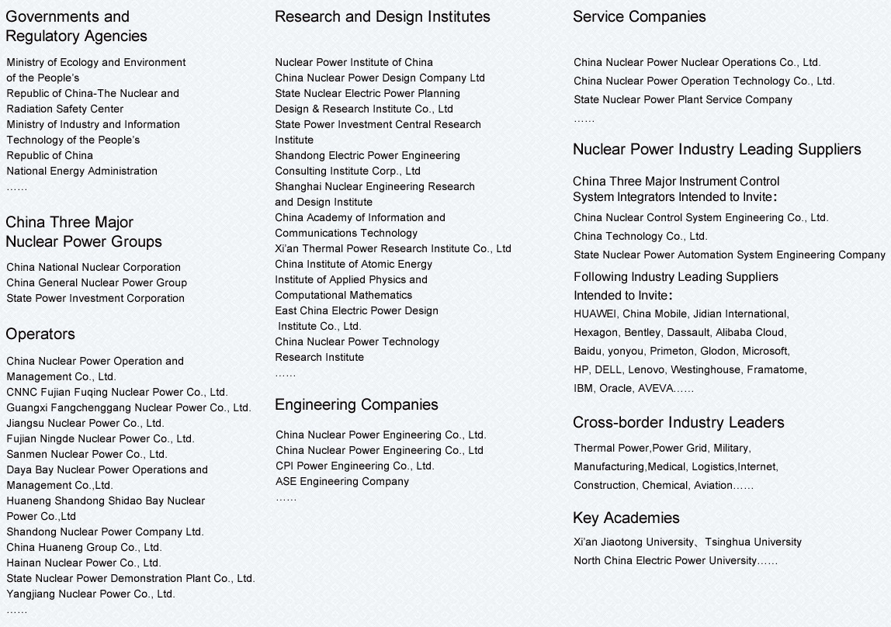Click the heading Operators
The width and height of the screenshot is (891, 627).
click(x=40, y=334)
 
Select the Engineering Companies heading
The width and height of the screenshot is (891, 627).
click(x=356, y=405)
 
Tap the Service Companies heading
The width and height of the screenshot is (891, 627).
click(x=639, y=17)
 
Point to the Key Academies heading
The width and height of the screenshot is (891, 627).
click(x=626, y=518)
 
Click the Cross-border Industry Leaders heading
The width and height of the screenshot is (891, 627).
click(x=678, y=423)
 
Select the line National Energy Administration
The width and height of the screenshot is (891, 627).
click(x=81, y=171)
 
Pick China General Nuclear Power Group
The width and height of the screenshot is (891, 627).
click(x=96, y=283)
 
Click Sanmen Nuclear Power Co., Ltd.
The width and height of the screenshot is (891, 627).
click(x=87, y=455)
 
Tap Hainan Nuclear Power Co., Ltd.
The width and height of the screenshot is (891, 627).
click(x=84, y=563)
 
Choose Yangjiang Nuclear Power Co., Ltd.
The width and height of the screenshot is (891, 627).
click(x=91, y=594)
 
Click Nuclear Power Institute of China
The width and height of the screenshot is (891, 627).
click(x=354, y=63)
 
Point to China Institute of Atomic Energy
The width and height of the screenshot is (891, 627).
click(x=354, y=265)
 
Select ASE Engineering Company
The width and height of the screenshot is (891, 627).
click(x=342, y=482)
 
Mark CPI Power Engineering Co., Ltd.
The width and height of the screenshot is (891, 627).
click(x=355, y=466)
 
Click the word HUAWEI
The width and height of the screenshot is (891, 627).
click(x=595, y=314)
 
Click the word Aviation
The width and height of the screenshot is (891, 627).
click(x=712, y=486)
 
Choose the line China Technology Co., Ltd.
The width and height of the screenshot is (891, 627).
click(x=640, y=237)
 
